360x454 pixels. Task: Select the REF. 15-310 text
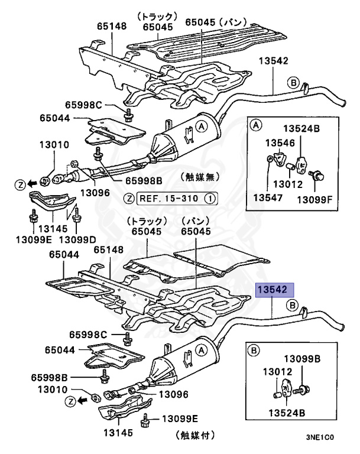click(x=174, y=198)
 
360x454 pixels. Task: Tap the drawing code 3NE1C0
click(x=320, y=439)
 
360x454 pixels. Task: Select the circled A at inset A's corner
click(x=256, y=124)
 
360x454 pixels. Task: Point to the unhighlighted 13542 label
click(x=273, y=61)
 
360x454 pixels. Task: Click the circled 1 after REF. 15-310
click(x=211, y=198)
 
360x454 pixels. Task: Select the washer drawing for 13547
click(x=270, y=158)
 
